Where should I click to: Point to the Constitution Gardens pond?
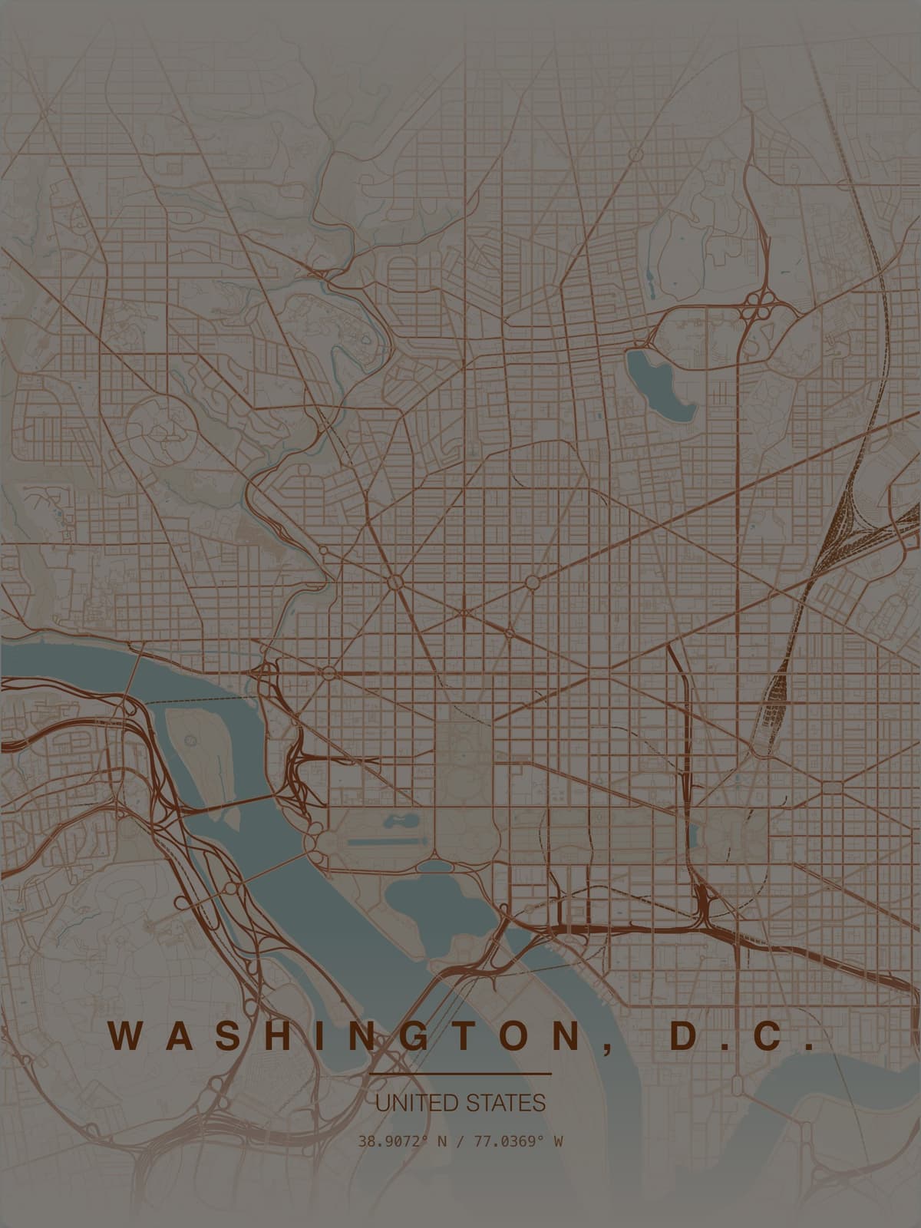[398, 821]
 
